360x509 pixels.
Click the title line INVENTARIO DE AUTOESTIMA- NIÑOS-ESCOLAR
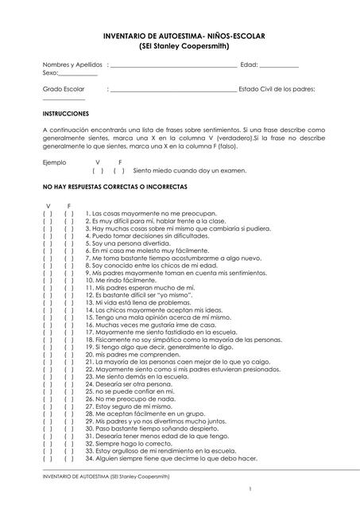tap(180, 37)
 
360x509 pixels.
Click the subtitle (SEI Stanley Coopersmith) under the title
tap(180, 47)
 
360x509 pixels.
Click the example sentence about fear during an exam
tap(190, 170)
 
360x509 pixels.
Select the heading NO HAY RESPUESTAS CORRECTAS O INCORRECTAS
tap(114, 187)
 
